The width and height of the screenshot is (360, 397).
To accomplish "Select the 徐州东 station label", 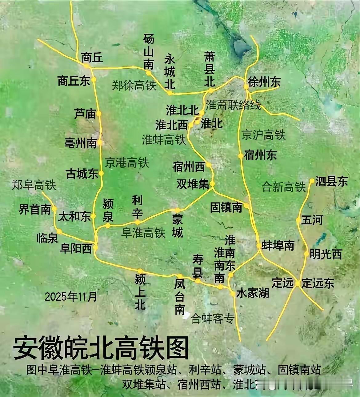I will point(264,82).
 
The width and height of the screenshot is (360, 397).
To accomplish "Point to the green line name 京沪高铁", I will point(263,135).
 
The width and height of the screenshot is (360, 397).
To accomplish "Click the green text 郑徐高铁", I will point(134,85).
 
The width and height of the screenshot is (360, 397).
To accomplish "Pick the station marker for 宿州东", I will point(240,156).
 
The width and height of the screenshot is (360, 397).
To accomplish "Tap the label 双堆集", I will point(193,184).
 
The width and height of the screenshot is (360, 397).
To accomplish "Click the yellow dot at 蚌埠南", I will point(259,246).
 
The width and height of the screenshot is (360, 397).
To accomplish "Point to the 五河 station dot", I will point(298,220).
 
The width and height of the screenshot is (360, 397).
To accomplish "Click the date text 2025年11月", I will point(71,297).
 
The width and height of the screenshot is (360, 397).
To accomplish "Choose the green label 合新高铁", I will point(283,187).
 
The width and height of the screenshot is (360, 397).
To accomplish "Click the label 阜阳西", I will point(76,248).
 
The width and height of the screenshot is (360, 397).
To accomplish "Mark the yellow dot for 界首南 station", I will point(54,209).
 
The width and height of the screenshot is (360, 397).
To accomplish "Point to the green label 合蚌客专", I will point(213,319).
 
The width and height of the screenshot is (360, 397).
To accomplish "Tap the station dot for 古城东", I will point(101,173).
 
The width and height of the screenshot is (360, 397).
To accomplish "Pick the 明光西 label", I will point(326,254).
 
